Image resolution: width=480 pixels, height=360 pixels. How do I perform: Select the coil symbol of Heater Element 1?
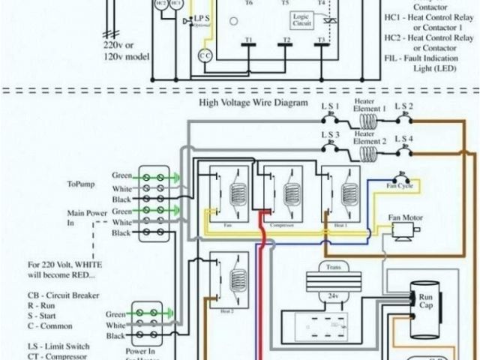[369, 120]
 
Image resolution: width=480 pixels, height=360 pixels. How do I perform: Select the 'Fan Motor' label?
[405, 217]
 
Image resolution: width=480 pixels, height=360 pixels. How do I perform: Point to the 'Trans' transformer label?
[331, 266]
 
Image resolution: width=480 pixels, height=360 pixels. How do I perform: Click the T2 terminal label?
[286, 38]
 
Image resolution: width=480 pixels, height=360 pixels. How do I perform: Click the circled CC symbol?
[205, 56]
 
